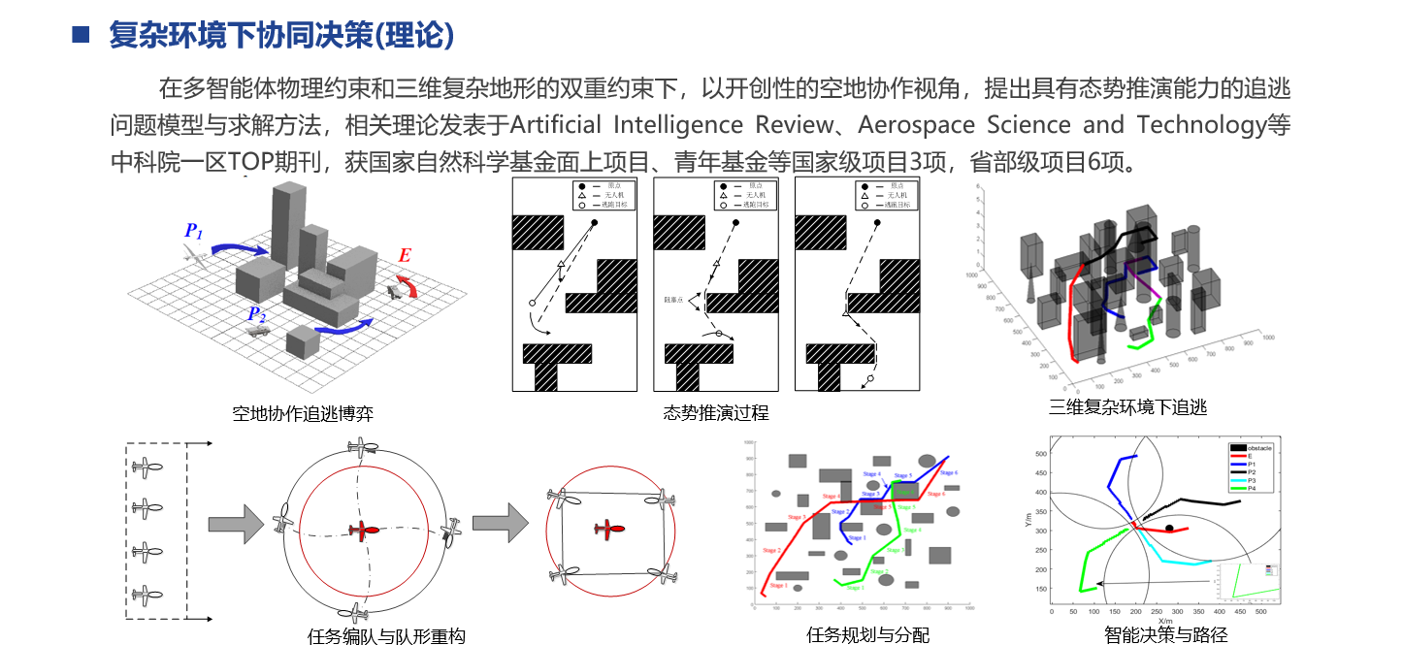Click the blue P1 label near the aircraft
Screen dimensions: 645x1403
[x=193, y=232]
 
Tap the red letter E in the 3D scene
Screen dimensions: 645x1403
[x=405, y=256]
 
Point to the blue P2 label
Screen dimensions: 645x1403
[x=255, y=314]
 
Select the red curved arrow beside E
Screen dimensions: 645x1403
[x=410, y=285]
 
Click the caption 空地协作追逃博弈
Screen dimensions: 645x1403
[x=303, y=414]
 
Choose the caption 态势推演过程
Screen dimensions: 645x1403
[x=716, y=413]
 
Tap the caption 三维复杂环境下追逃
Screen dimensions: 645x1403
[x=1127, y=407]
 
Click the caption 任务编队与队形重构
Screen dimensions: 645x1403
[x=386, y=636]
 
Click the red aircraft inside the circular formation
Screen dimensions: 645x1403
[x=366, y=531]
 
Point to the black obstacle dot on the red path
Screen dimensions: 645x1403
[x=1170, y=529]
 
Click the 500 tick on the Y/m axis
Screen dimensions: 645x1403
[x=1040, y=454]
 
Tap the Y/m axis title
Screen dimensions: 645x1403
[x=1028, y=521]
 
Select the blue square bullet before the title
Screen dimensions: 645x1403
[x=82, y=37]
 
